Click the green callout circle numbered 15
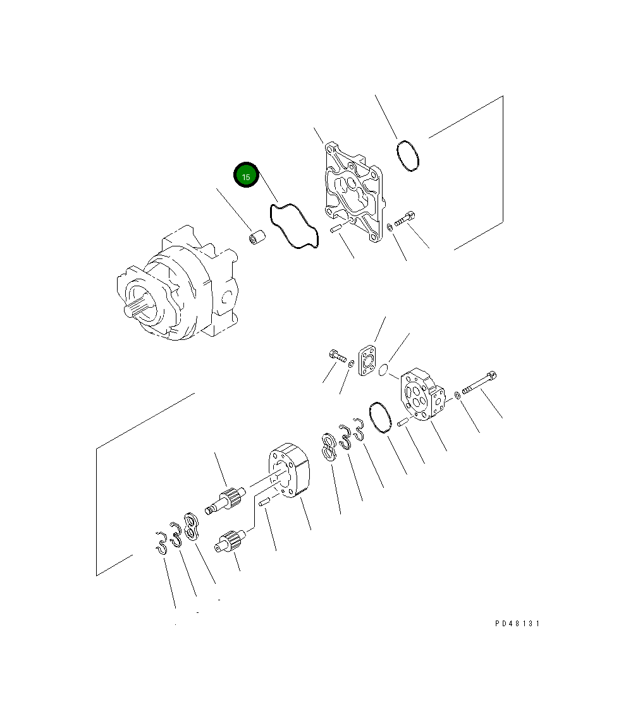click(x=247, y=176)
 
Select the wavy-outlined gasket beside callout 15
click(x=293, y=226)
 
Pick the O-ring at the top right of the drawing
click(x=408, y=156)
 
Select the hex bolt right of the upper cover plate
click(x=404, y=220)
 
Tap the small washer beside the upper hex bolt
click(x=390, y=227)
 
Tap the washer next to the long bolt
click(x=457, y=396)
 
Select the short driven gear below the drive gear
click(x=231, y=541)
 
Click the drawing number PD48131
click(x=517, y=623)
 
